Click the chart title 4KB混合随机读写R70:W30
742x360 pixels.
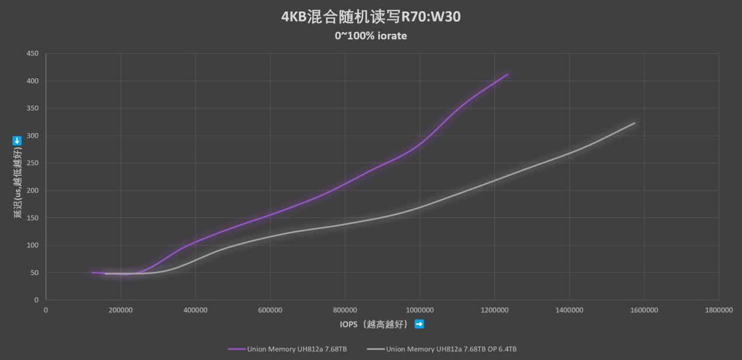click(x=371, y=17)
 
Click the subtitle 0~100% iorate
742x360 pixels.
click(x=371, y=36)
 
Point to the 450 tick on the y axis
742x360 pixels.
click(x=33, y=54)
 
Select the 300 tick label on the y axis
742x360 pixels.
click(x=33, y=136)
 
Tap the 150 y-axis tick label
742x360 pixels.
click(x=33, y=218)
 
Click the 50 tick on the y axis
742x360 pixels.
click(x=34, y=273)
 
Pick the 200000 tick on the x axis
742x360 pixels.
click(x=120, y=310)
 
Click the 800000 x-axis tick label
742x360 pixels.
click(x=345, y=310)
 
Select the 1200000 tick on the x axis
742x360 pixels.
click(x=494, y=310)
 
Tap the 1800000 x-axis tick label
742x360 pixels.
click(x=719, y=310)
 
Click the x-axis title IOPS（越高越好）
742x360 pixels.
click(x=374, y=324)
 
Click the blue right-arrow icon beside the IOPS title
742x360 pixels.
click(x=419, y=324)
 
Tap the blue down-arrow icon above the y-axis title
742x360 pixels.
click(x=18, y=140)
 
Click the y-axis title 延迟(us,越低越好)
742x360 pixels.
click(x=18, y=183)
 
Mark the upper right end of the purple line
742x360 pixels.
click(x=508, y=74)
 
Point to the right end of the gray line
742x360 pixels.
click(x=634, y=123)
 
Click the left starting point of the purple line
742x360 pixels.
click(x=92, y=272)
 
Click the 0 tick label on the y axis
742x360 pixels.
click(x=36, y=300)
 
